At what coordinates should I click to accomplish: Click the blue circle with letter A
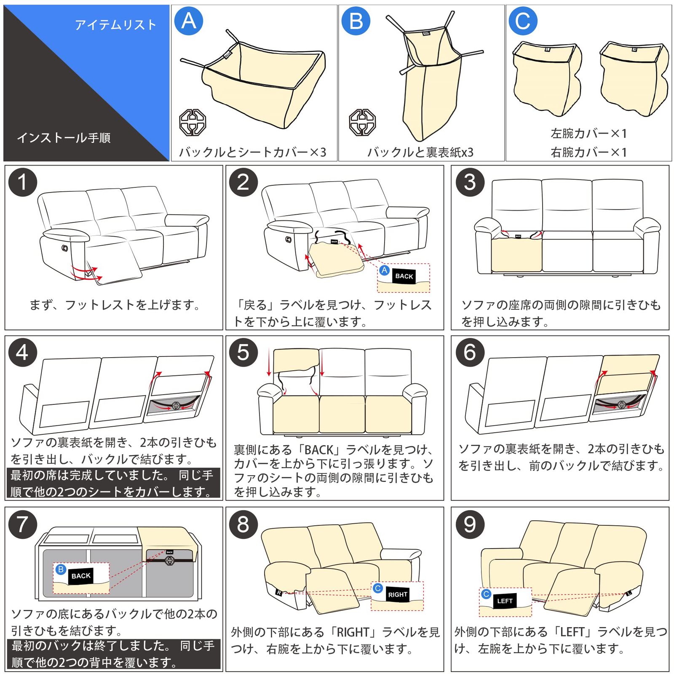[x=188, y=21]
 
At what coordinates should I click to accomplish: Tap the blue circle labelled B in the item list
[x=356, y=21]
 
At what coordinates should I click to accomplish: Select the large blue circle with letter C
[x=523, y=21]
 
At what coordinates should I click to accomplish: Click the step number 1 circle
[x=23, y=182]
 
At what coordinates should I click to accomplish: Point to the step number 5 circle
[x=243, y=352]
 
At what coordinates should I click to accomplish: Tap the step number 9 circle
[x=470, y=524]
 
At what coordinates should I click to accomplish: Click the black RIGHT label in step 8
[x=398, y=594]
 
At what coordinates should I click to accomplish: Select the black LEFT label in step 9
[x=505, y=601]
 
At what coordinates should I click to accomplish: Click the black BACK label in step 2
[x=404, y=276]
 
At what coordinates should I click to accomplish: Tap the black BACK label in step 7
[x=81, y=576]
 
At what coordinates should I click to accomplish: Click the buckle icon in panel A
[x=193, y=122]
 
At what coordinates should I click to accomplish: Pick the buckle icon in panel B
[x=362, y=122]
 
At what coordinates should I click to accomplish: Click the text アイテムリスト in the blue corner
[x=116, y=25]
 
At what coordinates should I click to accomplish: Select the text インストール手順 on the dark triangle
[x=64, y=138]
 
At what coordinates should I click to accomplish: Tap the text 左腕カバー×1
[x=588, y=134]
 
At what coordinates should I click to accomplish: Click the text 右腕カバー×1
[x=588, y=152]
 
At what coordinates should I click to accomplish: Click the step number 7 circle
[x=23, y=524]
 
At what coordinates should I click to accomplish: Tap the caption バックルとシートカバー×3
[x=253, y=152]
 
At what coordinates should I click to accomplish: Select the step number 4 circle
[x=23, y=352]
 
